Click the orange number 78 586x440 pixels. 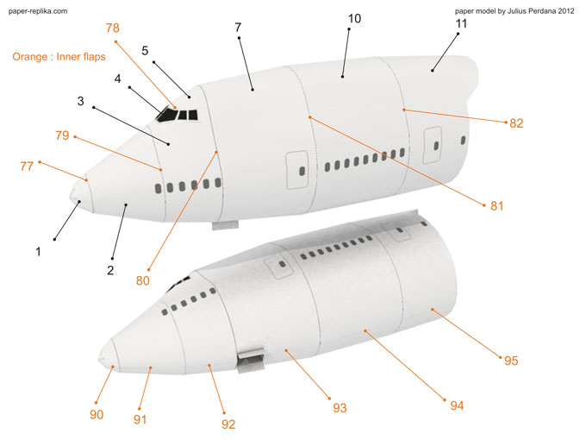click(113, 28)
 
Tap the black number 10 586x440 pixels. click(355, 18)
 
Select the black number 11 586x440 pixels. click(461, 23)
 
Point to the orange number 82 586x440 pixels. click(516, 123)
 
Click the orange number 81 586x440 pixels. click(496, 206)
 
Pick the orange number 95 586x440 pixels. click(511, 361)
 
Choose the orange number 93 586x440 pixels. click(340, 406)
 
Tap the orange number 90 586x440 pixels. click(97, 414)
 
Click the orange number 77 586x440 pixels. click(27, 167)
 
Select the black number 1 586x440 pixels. click(38, 252)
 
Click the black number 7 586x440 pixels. click(238, 28)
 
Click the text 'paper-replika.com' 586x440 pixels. click(38, 11)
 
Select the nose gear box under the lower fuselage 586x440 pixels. click(251, 358)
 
